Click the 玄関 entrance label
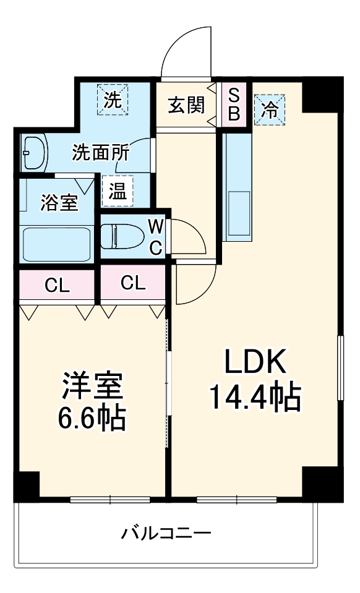pos(186,105)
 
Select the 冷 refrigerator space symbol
pos(270,110)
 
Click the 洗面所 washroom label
pos(100,151)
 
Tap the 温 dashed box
pos(118,192)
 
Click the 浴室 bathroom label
pos(59,202)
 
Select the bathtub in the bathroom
pos(56,245)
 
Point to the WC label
pos(156,237)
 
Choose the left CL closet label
pos(57,285)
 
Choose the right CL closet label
pos(134,283)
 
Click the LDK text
pos(254,362)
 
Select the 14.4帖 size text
pos(254,398)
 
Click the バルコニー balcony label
pos(166,532)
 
